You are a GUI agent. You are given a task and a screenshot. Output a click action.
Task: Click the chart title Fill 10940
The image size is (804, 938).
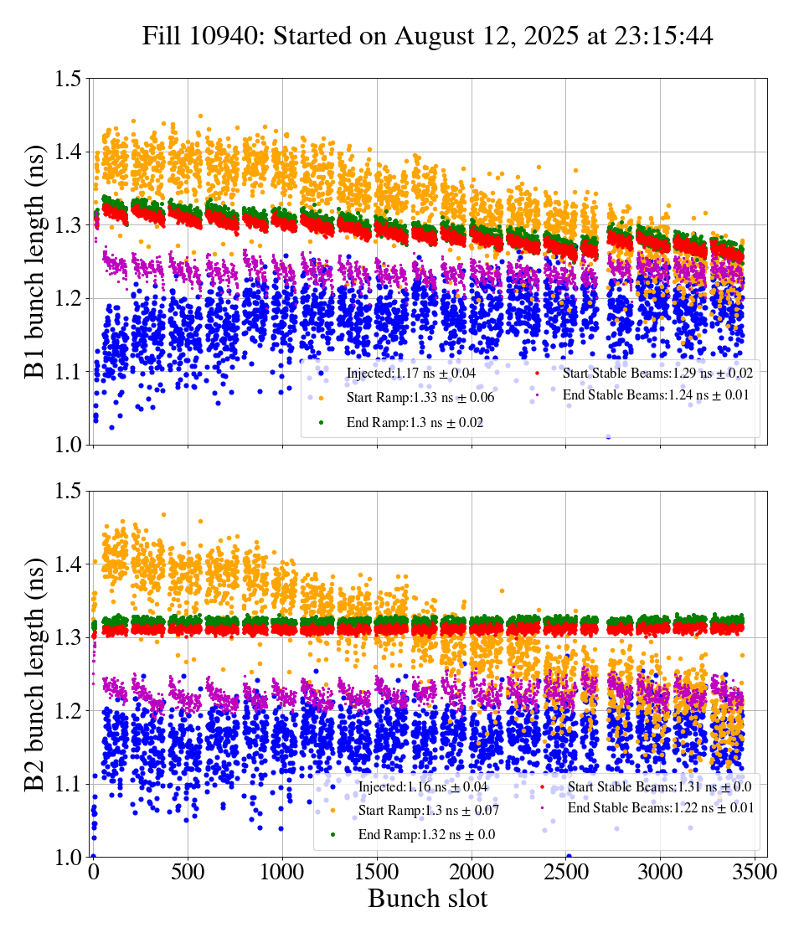427,36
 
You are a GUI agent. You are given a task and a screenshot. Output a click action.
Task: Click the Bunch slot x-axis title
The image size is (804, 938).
427,899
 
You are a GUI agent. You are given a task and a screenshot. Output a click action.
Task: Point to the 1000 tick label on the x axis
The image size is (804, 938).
282,872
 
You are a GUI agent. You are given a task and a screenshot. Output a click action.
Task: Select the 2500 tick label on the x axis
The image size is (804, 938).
566,872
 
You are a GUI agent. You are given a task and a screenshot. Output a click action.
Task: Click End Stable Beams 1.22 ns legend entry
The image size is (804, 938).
661,808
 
